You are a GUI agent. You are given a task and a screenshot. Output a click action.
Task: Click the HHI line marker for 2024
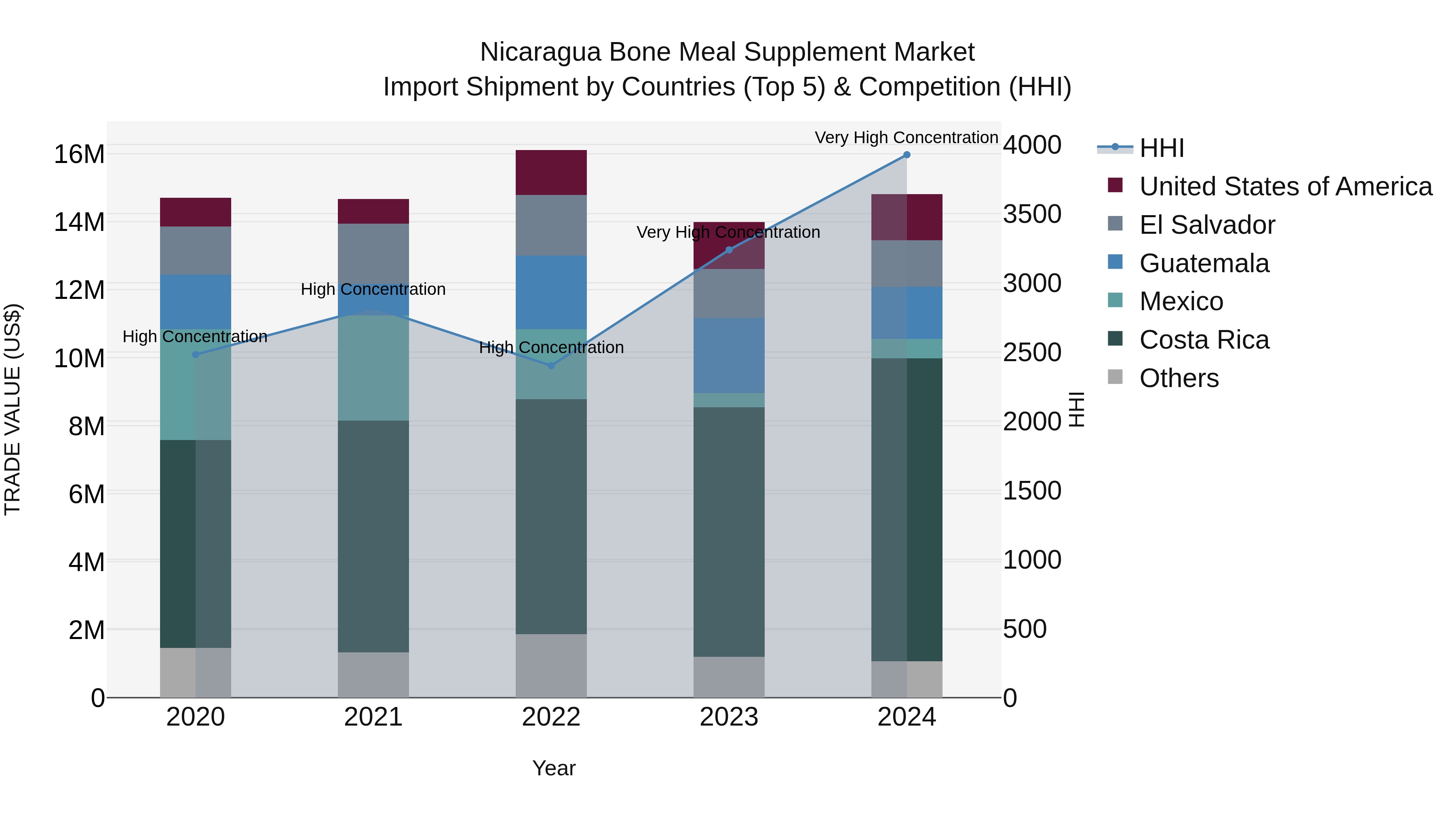[907, 155]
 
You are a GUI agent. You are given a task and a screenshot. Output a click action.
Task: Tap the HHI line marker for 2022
[551, 366]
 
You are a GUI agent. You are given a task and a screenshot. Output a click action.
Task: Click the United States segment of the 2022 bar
[551, 172]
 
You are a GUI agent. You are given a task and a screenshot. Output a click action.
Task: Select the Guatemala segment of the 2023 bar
[729, 355]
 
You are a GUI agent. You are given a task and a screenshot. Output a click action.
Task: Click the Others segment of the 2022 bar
[551, 665]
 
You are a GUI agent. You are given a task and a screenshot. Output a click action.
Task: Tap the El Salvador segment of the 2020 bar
[196, 250]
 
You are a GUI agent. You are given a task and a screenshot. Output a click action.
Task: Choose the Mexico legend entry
[1181, 301]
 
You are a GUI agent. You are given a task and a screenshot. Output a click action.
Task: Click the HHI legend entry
[1161, 148]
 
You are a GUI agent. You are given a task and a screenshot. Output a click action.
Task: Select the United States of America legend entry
[1285, 186]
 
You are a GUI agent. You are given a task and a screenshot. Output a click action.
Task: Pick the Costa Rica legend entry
[1204, 340]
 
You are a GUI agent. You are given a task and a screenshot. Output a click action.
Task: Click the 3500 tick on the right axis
[1032, 214]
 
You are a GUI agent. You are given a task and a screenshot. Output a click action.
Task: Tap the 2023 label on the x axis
[729, 717]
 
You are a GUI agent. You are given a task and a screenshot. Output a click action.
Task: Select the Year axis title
[554, 768]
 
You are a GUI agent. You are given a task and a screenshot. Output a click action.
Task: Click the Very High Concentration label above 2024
[906, 138]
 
